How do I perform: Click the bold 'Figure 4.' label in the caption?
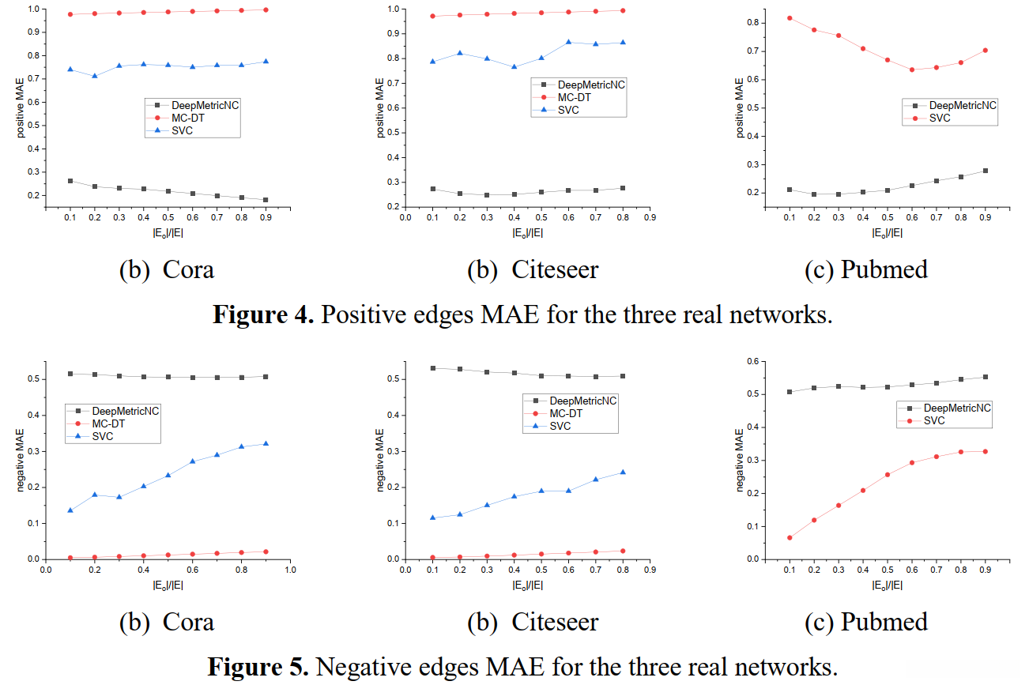point(263,314)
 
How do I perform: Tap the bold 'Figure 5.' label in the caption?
point(258,666)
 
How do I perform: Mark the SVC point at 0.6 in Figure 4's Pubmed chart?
point(911,70)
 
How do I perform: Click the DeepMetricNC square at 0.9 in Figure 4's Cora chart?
point(266,200)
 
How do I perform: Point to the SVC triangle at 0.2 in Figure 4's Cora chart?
point(94,76)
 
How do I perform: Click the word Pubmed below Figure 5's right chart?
point(884,622)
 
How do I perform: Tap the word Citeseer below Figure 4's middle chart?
point(555,269)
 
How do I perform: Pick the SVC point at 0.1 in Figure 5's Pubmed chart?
point(789,537)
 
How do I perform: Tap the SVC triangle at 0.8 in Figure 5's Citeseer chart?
point(623,472)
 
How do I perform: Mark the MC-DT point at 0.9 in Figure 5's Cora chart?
point(266,551)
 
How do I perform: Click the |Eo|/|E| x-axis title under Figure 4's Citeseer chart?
point(527,232)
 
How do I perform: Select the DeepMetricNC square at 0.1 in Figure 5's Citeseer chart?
point(432,368)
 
